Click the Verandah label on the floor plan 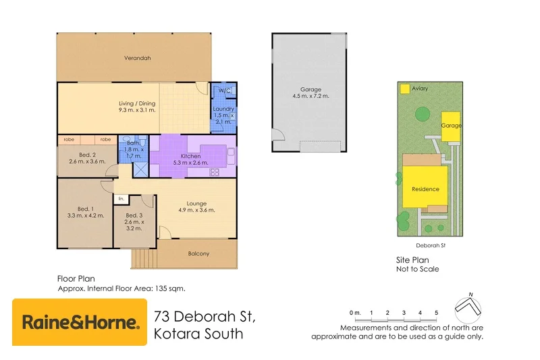[x=137, y=58]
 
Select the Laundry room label [x=223, y=109]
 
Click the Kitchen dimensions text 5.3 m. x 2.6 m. [x=191, y=163]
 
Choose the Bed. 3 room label [x=134, y=215]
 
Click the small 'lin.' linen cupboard [x=121, y=199]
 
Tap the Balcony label [x=198, y=254]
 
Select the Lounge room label [x=196, y=203]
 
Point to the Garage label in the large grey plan [x=310, y=89]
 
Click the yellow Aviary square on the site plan [x=405, y=88]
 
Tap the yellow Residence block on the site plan [x=425, y=189]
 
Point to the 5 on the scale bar [x=436, y=313]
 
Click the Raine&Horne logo [x=80, y=322]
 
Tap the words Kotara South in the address [x=198, y=334]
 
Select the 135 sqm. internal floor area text [x=171, y=288]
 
